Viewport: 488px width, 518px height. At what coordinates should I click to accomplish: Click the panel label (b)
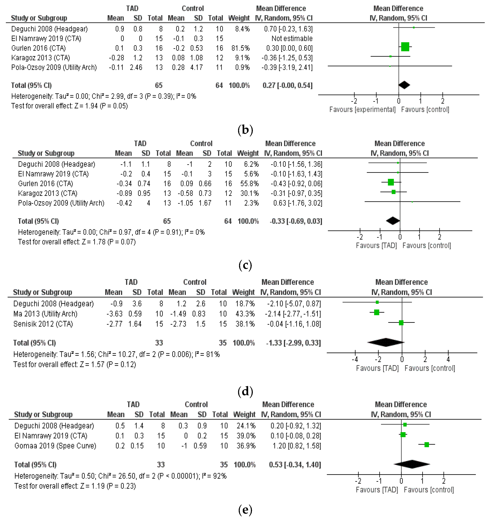[x=245, y=130]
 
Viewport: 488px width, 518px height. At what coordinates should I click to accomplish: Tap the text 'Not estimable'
[x=292, y=39]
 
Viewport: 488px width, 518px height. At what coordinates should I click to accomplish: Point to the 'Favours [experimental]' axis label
[x=362, y=109]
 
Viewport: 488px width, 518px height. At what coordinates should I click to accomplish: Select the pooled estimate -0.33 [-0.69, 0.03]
[x=296, y=221]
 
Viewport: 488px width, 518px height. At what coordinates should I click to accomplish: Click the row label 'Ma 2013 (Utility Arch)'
[x=45, y=314]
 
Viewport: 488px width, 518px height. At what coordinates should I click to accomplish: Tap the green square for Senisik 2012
[x=401, y=323]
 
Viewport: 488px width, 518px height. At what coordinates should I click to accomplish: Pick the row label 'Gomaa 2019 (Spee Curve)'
[x=55, y=446]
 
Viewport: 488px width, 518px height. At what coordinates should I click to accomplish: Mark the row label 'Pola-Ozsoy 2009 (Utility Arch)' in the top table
[x=54, y=68]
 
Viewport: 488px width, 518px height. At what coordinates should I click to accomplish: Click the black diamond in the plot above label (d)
[x=386, y=342]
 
